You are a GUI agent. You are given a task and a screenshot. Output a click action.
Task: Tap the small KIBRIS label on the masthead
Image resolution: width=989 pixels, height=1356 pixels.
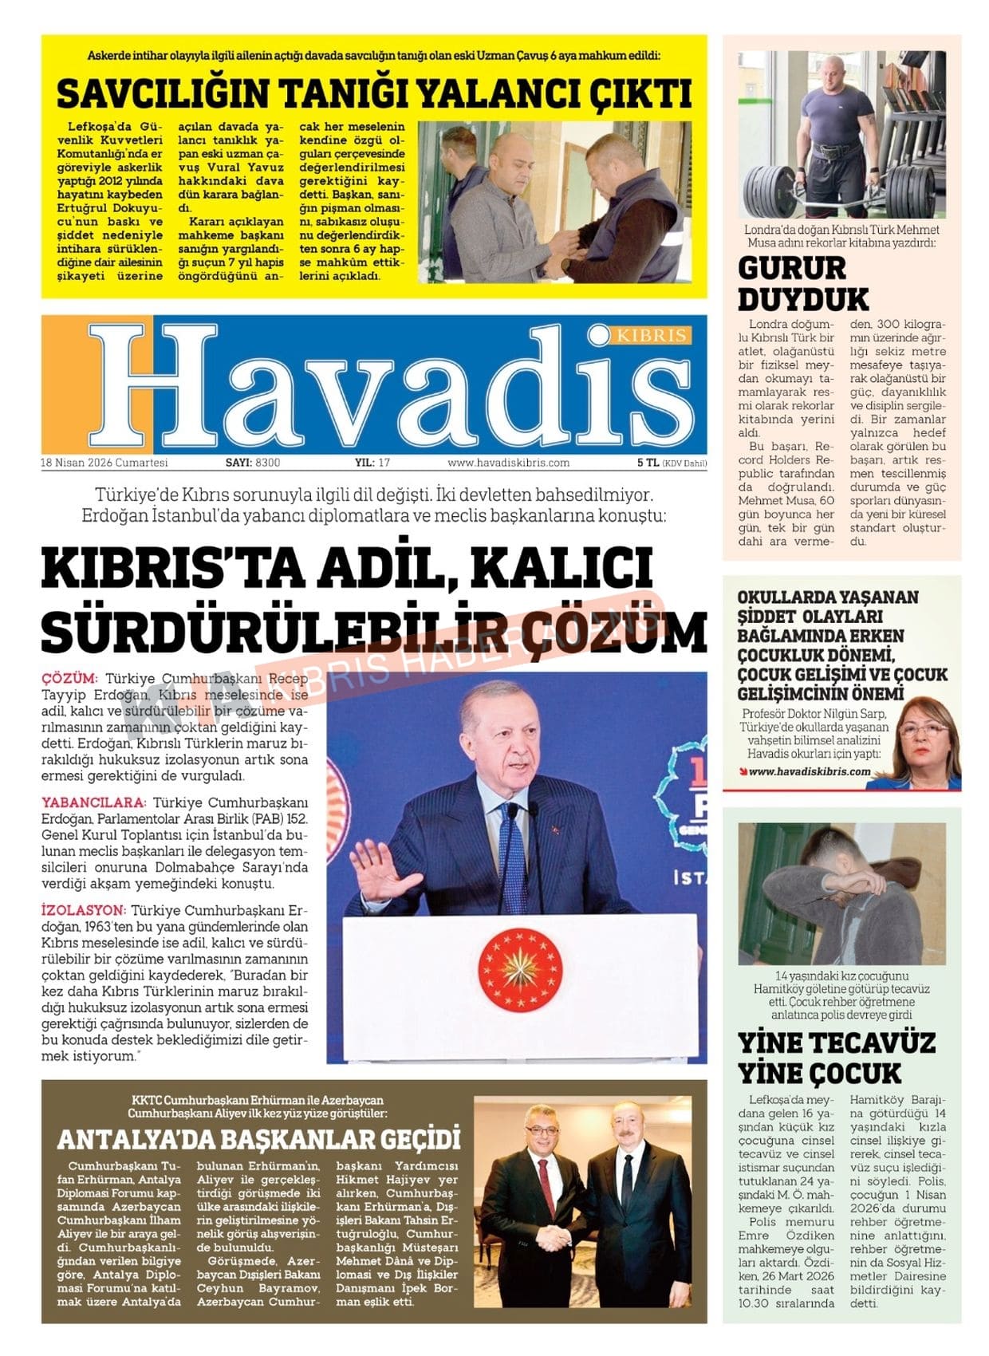point(652,335)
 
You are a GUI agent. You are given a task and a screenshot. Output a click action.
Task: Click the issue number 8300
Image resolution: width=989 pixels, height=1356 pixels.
point(268,463)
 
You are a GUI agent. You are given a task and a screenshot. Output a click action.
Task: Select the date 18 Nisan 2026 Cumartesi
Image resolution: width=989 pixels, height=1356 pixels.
point(104,463)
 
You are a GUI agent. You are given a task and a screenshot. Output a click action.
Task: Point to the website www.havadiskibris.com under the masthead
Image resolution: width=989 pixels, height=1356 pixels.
point(508,463)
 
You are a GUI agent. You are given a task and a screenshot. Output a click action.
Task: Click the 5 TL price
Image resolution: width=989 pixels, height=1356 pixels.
point(647,463)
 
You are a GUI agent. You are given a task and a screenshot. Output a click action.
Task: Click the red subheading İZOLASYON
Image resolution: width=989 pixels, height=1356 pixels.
point(84,910)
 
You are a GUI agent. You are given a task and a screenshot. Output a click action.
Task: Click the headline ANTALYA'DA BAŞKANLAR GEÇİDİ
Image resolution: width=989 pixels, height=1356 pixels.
point(259,1139)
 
